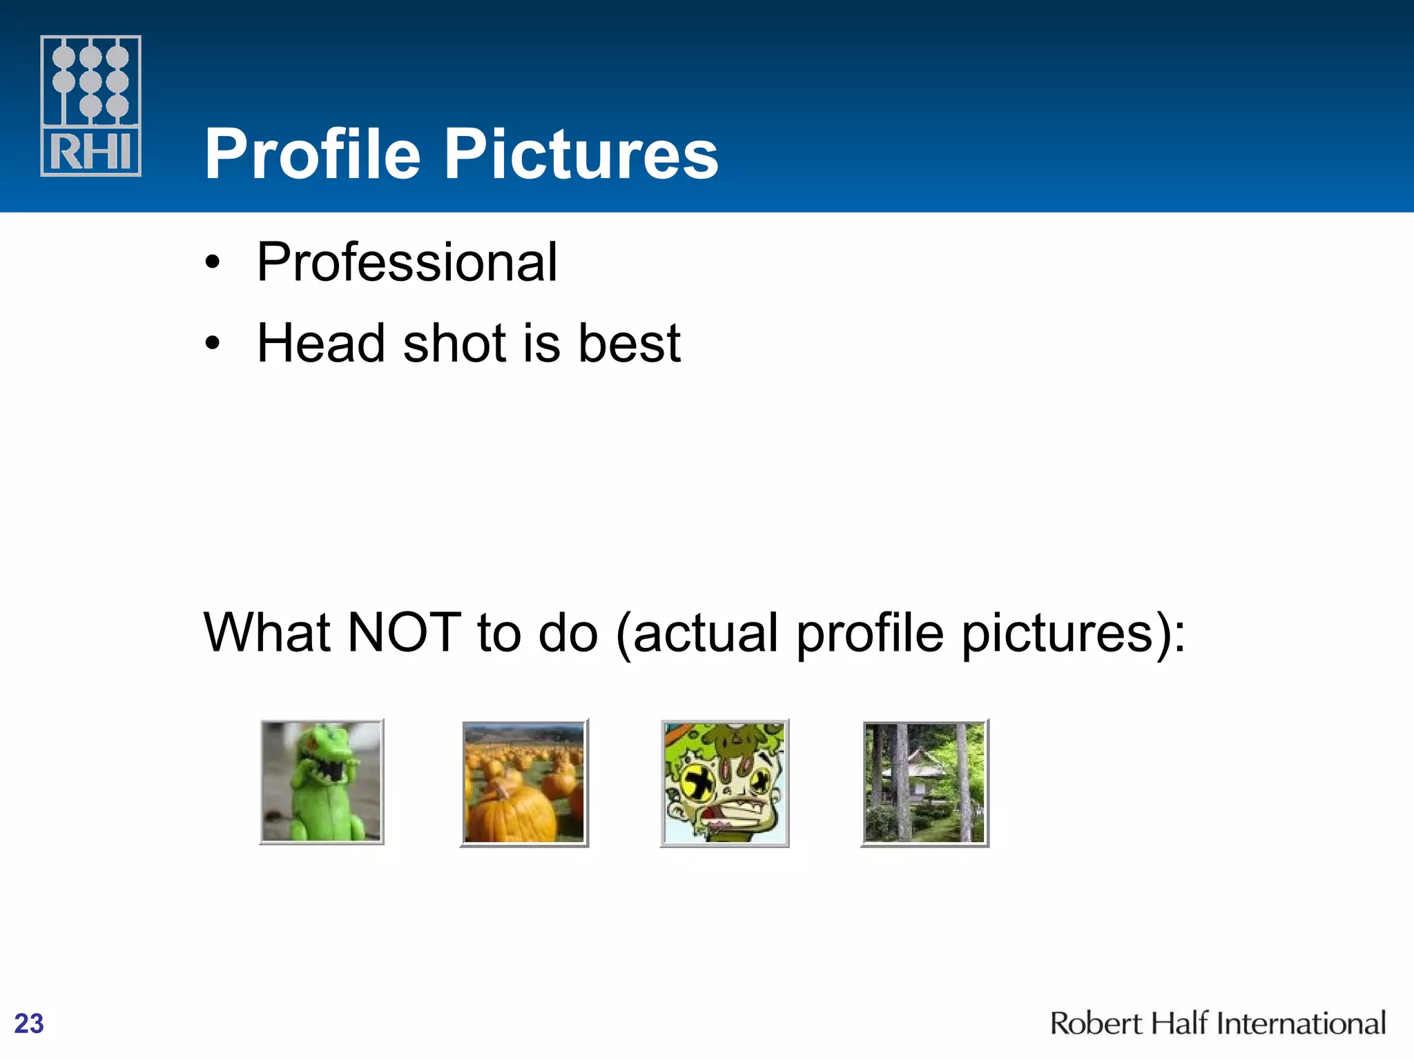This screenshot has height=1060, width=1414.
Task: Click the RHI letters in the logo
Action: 90,152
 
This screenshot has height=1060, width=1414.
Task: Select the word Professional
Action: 407,263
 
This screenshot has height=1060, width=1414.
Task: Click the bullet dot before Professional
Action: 213,263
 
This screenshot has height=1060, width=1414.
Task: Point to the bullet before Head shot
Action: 213,343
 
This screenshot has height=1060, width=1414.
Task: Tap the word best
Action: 629,343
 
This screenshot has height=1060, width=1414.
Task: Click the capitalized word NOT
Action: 404,633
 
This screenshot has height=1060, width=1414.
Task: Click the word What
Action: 267,633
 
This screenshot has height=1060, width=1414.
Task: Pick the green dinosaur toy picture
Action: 322,782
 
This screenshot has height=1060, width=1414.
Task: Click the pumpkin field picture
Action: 524,783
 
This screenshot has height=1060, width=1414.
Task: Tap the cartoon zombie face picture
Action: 724,783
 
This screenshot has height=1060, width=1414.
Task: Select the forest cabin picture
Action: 924,783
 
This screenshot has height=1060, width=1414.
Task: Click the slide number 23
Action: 29,1023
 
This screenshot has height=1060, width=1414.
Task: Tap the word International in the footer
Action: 1301,1023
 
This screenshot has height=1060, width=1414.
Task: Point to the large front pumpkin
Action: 511,814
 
